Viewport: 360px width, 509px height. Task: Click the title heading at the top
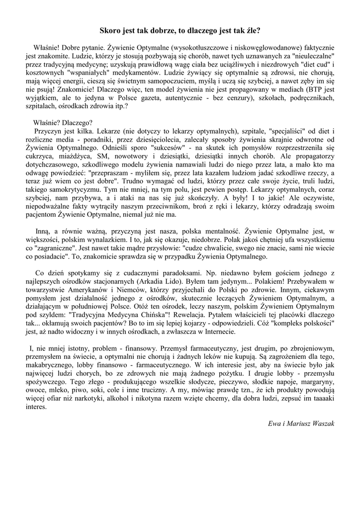point(180,30)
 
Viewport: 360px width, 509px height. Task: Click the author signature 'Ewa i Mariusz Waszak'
point(301,423)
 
